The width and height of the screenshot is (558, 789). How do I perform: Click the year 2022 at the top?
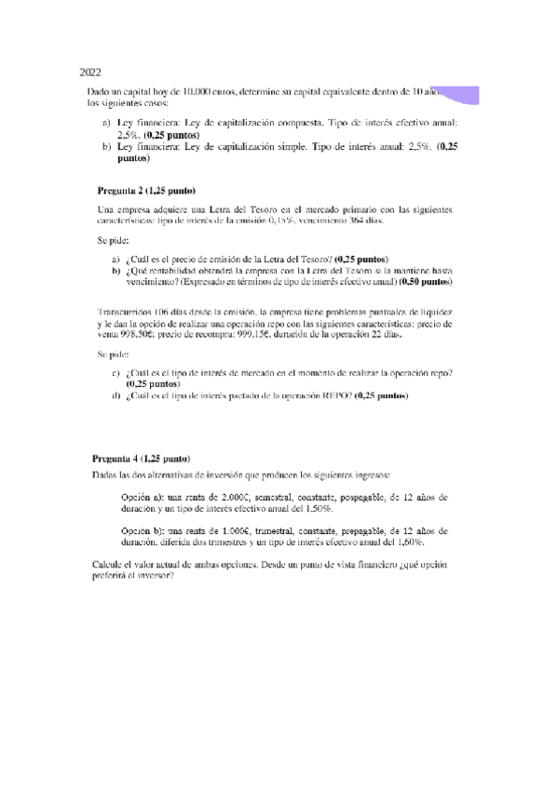[90, 72]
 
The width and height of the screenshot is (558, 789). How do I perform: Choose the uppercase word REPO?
[335, 395]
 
